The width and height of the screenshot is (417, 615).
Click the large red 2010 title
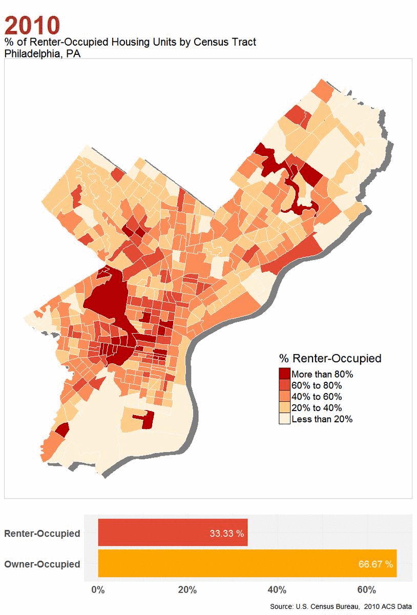pos(32,25)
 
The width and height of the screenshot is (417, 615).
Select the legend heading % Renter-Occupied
pos(330,358)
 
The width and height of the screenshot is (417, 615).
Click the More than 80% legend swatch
pos(284,374)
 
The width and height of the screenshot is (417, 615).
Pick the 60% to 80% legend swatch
pos(284,385)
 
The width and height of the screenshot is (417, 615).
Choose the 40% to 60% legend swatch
pos(284,397)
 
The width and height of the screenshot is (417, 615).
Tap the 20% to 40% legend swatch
pos(284,408)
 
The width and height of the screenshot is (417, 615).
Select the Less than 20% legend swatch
pos(284,419)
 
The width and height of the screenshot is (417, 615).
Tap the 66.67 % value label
pos(376,564)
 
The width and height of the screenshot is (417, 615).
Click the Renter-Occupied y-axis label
pos(42,534)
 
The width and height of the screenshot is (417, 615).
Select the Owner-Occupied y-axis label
pos(42,564)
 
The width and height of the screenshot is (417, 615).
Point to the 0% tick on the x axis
pos(98,590)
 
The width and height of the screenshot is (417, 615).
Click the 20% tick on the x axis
pos(187,590)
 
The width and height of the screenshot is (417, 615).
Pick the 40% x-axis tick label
pos(277,590)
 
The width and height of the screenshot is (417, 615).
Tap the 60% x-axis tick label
pos(366,590)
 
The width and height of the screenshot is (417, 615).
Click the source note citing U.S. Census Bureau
pos(341,607)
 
